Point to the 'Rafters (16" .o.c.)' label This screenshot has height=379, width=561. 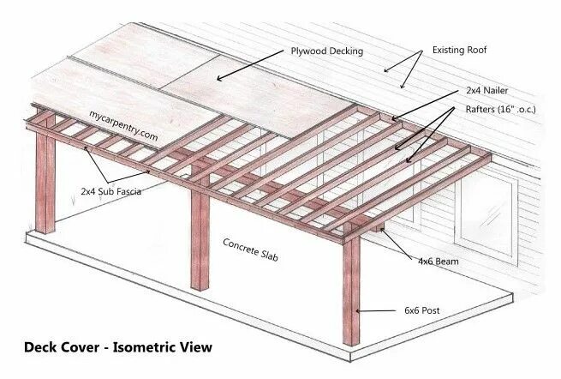pyautogui.click(x=505, y=109)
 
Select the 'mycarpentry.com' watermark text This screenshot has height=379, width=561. pyautogui.click(x=123, y=125)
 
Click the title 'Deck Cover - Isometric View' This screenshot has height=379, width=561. pyautogui.click(x=117, y=348)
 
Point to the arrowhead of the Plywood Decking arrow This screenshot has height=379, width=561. pyautogui.click(x=219, y=80)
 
